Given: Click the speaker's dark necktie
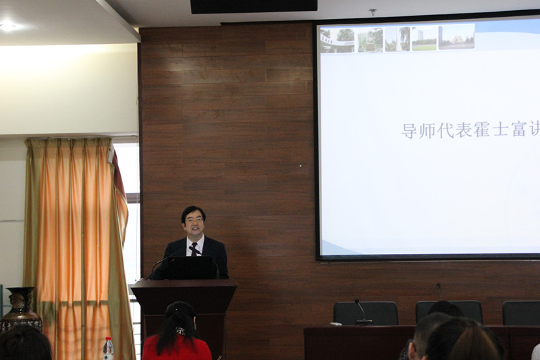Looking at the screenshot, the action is pos(194,249).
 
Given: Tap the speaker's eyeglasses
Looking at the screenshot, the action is pos(194,220).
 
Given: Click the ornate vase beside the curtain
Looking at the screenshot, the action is pos(21,308).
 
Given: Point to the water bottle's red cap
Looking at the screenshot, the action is pos(108,339).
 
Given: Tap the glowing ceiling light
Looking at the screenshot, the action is pos(7,26).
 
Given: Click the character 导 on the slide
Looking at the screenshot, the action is pos(409,130).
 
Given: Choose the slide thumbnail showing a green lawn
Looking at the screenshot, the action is pos(425,38).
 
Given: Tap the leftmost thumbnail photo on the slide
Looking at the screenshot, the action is pos(337,41).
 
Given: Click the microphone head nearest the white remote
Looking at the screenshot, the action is pos(357,301).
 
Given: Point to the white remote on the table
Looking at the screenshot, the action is pos(335,324).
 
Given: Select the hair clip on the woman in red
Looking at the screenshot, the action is pos(181,331).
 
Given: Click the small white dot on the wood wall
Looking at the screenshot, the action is pos(300,165).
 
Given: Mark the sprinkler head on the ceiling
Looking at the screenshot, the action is pos(373,12).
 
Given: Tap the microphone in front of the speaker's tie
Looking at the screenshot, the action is pos(191,248).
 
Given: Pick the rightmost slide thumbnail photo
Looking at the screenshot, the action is pos(456,37).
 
